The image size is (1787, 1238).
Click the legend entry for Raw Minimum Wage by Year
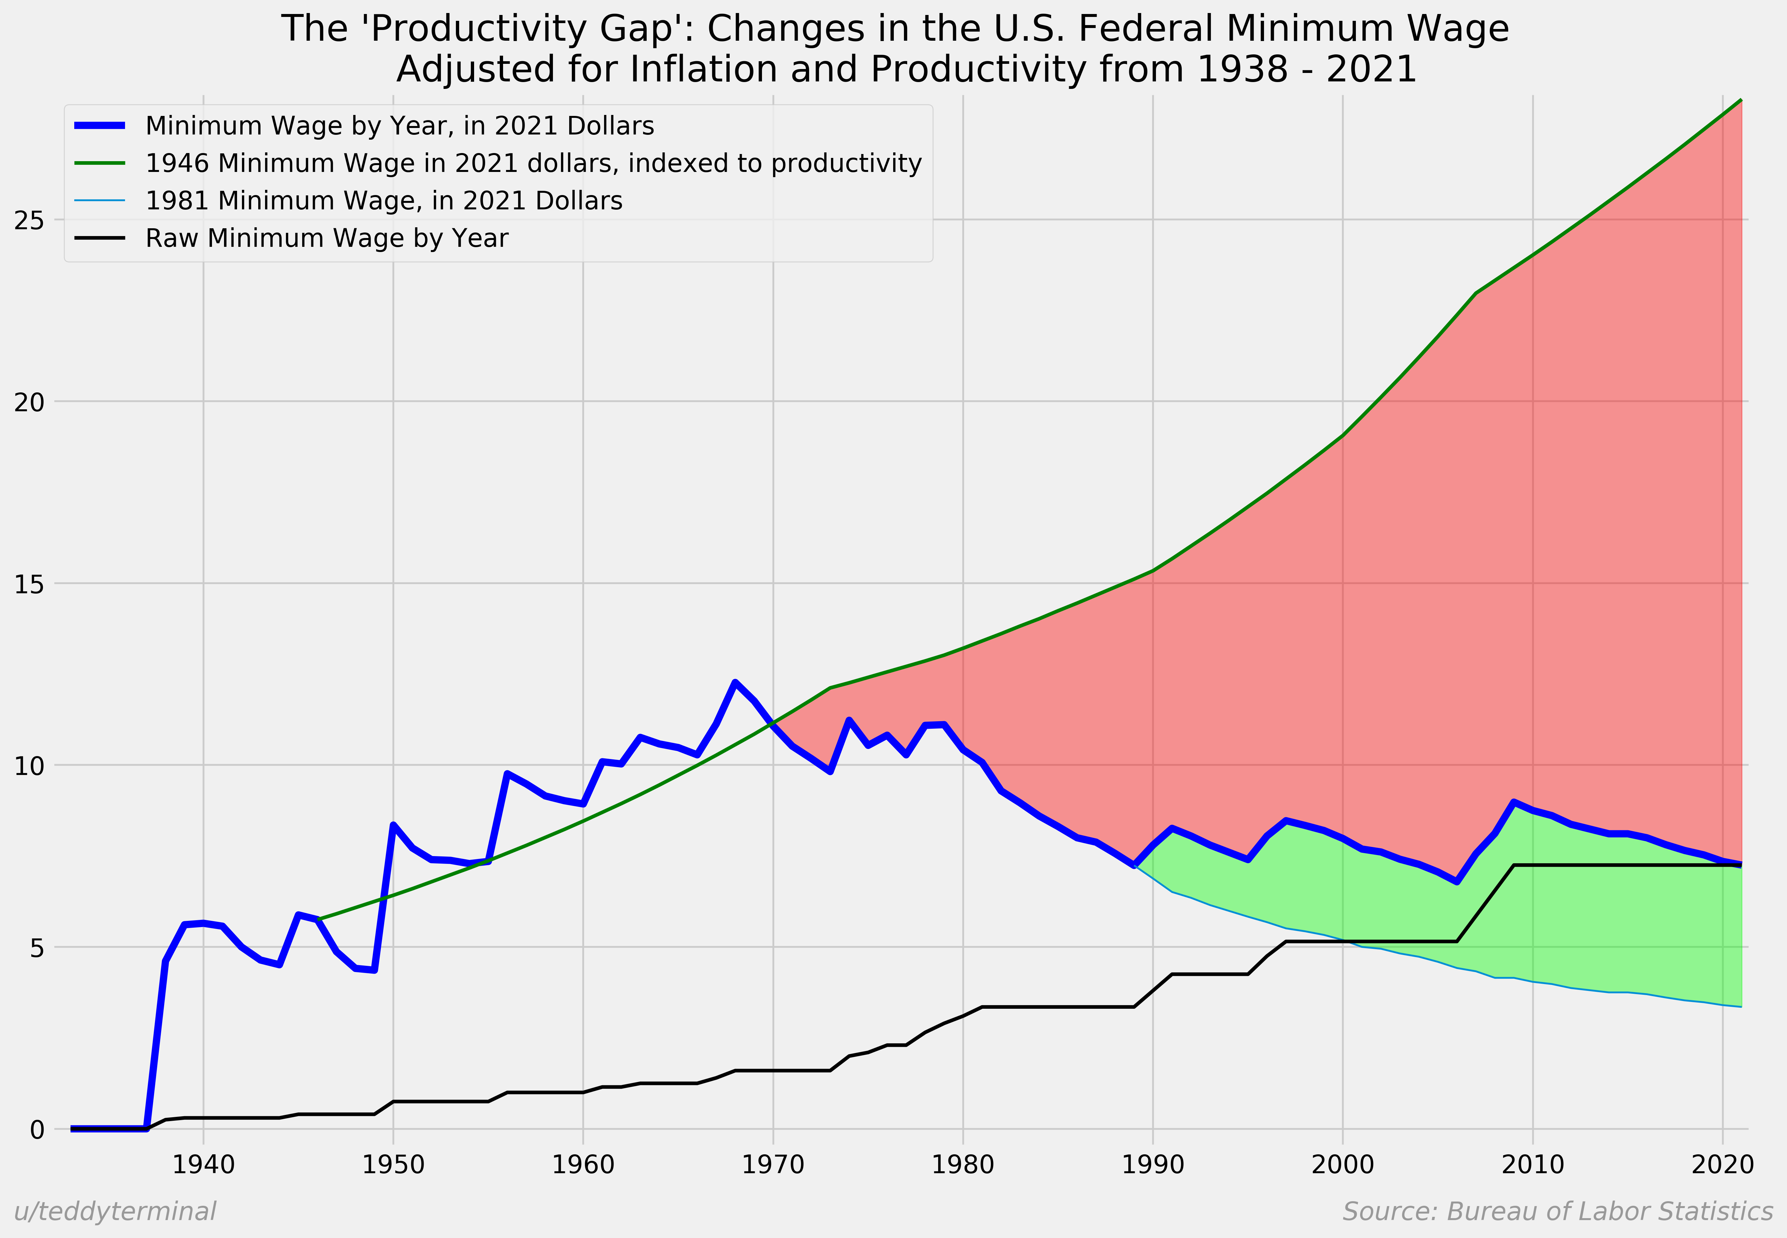(x=327, y=238)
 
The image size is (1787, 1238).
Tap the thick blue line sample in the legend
(x=99, y=126)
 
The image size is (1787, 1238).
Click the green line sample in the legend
(x=99, y=163)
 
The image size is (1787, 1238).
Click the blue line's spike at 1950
(x=393, y=824)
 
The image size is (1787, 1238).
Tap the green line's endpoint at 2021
(x=1741, y=100)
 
